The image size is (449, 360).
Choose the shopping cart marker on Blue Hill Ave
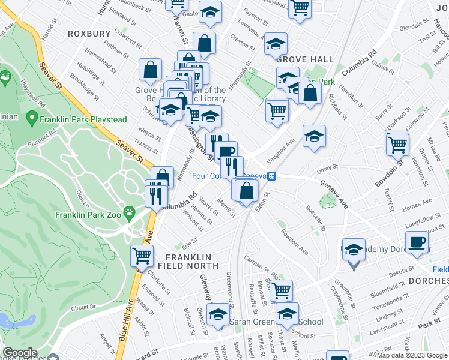[142, 256]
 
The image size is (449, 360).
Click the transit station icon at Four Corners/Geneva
[271, 176]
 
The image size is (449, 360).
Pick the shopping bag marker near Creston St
[204, 43]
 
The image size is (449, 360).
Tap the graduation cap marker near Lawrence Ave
[276, 44]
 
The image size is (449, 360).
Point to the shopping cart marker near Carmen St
[280, 290]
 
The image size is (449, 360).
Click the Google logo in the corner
[19, 353]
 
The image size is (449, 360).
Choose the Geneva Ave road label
[333, 194]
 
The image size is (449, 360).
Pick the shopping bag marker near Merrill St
[247, 191]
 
